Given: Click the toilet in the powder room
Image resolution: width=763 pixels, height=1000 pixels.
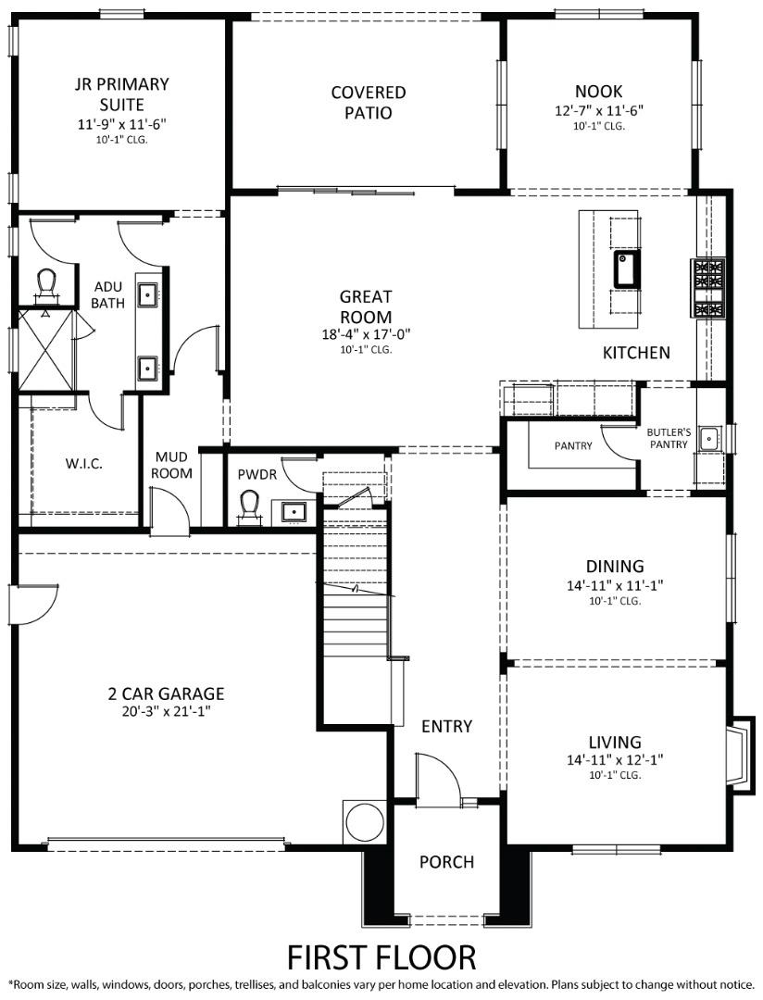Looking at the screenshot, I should pos(249,506).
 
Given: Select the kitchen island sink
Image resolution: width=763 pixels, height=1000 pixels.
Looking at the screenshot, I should pos(626,269).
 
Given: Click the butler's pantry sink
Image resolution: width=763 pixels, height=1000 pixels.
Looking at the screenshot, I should pos(709,438).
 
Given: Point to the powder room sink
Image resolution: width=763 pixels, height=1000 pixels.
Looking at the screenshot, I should pos(294,511).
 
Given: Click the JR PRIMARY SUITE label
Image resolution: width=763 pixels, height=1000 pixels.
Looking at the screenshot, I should pos(122,94).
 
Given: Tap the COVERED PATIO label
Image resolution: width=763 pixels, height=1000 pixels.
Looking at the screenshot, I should pos(369,103).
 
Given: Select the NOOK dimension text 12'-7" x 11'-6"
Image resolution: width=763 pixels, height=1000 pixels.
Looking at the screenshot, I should pos(598,110).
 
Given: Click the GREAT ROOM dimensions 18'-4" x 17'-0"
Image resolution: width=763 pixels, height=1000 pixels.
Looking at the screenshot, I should pos(365,334).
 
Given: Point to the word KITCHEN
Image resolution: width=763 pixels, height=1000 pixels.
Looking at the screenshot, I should pos(636,353).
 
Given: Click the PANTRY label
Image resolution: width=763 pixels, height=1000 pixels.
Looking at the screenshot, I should pos(573,445).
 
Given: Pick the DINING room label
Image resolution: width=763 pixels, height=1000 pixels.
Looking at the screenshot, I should pos(615,566).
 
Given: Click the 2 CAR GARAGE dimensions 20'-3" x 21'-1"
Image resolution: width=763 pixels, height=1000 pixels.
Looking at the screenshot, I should pos(166,711).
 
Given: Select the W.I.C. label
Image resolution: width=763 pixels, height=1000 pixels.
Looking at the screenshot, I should pos(84,463).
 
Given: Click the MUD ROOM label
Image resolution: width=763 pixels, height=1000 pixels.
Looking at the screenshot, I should pos(173,465).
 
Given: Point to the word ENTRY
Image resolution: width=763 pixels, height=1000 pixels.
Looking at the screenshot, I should pos(447,726).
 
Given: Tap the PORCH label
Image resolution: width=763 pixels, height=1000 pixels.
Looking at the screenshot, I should pos(446,862).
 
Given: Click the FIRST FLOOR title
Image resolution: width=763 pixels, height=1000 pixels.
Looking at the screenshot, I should pos(381,955).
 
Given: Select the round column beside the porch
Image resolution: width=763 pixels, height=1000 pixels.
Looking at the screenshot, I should pos(364,821).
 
